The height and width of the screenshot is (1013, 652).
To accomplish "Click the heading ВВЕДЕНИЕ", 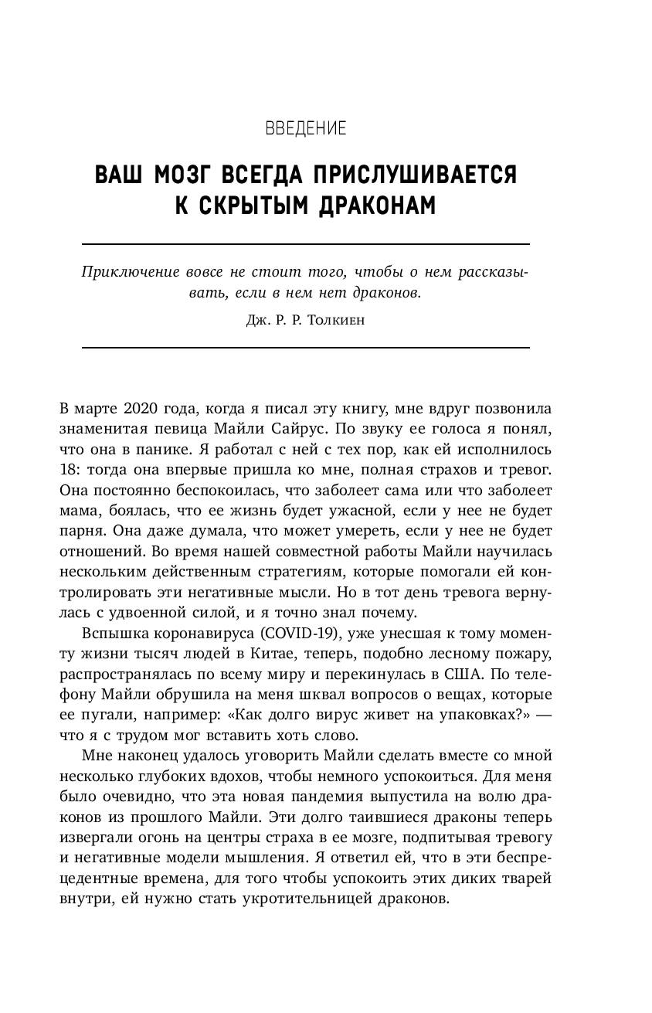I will (x=305, y=128).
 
